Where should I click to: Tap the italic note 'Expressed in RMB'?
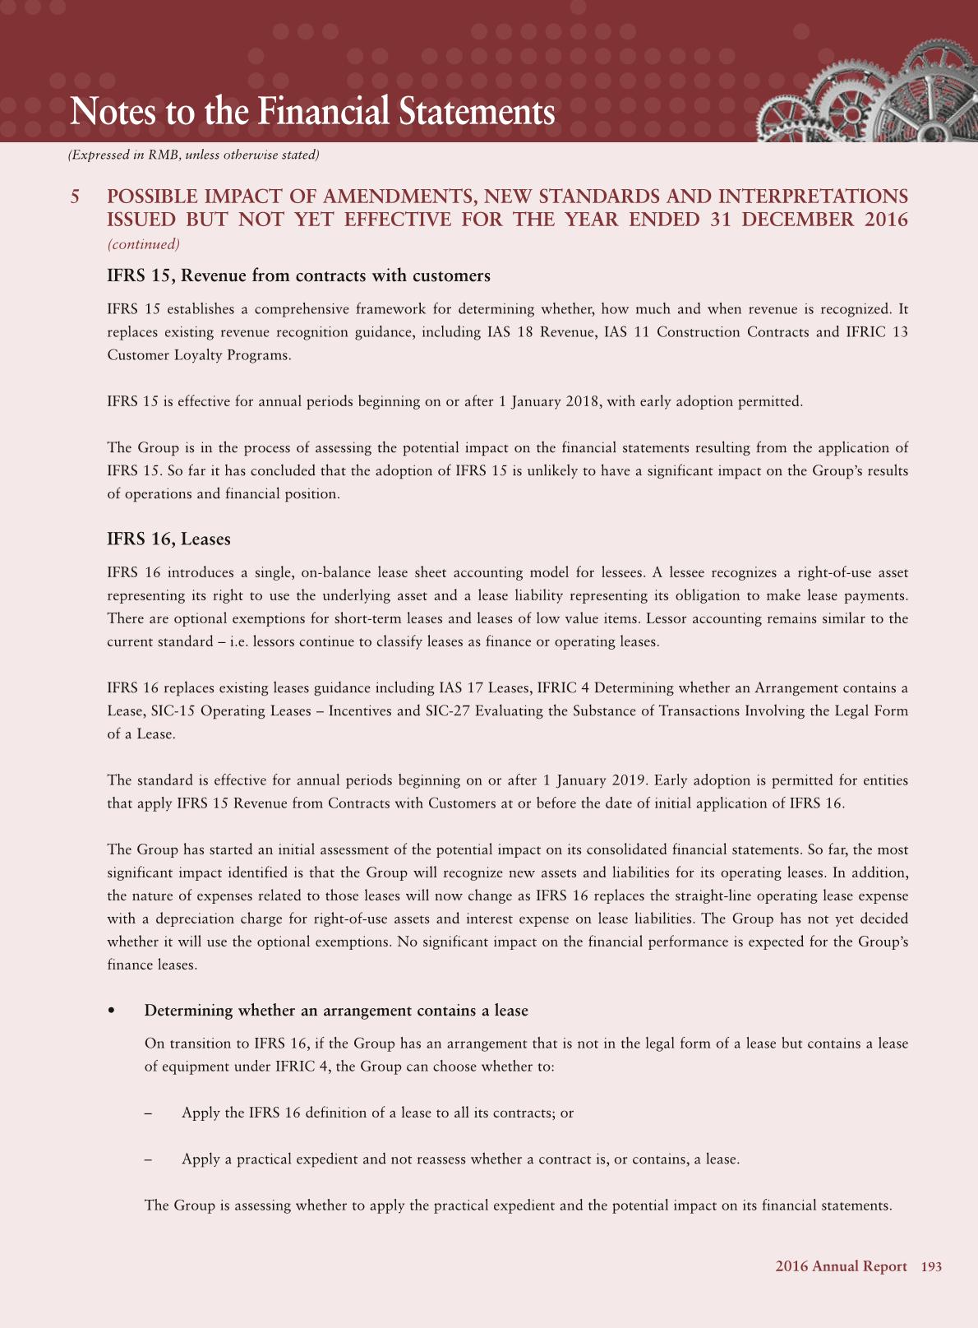point(193,155)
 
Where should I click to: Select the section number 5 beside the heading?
point(76,197)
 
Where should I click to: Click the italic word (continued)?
point(144,244)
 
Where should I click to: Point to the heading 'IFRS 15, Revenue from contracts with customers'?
point(298,276)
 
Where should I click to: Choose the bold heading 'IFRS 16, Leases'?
point(168,539)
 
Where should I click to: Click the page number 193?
point(931,1267)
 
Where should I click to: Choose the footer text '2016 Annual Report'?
point(841,1267)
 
